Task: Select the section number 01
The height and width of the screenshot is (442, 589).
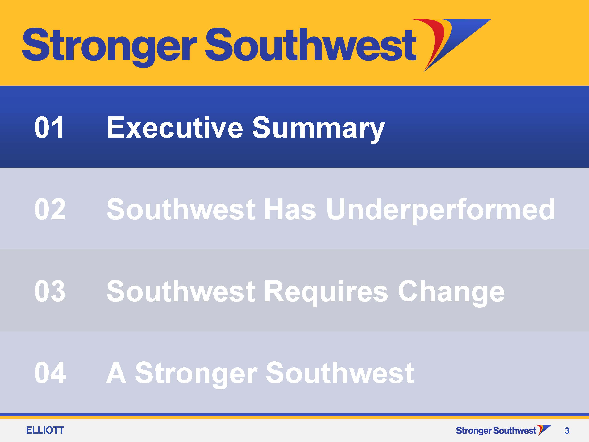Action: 49,128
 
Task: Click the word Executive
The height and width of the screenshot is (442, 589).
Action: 175,128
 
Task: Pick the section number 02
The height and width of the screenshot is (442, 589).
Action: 50,209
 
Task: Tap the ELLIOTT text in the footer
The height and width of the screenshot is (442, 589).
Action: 45,430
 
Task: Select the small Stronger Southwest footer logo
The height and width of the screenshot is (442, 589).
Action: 503,430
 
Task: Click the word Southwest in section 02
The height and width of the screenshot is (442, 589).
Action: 181,209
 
